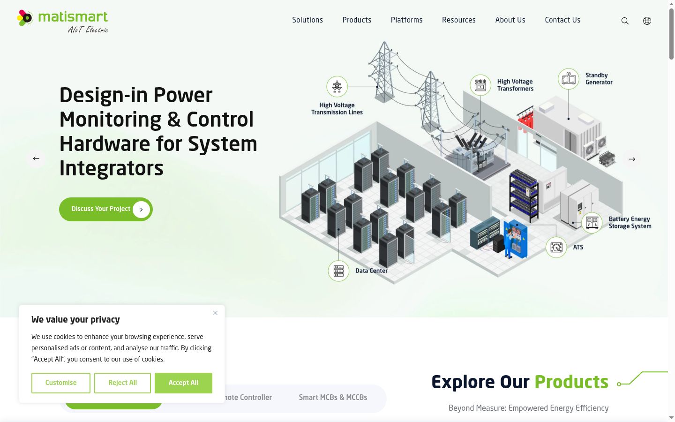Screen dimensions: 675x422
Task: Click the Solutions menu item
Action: coord(307,20)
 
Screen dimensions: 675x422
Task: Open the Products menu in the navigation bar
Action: coord(357,20)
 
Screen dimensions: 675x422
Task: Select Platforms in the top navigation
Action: coord(406,20)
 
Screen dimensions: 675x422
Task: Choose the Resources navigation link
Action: coord(458,20)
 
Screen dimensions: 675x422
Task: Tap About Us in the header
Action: coord(510,20)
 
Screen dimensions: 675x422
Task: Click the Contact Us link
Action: coord(562,20)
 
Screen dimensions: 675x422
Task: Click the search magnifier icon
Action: coord(625,21)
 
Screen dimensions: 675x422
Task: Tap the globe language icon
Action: coord(647,21)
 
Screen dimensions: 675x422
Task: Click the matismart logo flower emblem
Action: coord(25,18)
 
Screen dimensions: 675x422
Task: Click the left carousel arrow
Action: coord(36,158)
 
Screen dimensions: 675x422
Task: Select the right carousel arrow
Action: coord(632,159)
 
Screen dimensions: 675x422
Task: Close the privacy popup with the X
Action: coord(215,313)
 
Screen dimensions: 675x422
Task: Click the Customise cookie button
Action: coord(61,383)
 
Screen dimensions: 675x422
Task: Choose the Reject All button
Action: coord(122,383)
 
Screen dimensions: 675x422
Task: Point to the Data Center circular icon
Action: coord(338,271)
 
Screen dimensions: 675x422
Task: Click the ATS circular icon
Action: coord(556,248)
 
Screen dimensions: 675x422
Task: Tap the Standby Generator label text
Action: coord(599,79)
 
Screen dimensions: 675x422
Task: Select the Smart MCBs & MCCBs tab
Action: coord(333,397)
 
